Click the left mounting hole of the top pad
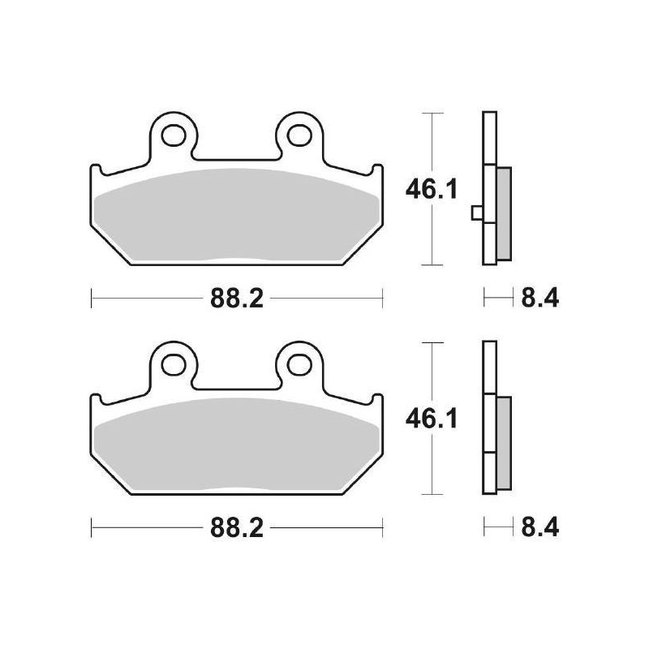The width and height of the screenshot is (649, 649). (x=175, y=133)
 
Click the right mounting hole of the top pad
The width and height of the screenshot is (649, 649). (x=295, y=133)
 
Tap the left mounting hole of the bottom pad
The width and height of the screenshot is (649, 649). (x=175, y=364)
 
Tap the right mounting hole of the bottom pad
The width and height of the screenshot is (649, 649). (x=295, y=364)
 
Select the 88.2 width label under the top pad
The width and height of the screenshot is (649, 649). (x=236, y=299)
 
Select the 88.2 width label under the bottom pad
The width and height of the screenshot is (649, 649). (x=236, y=530)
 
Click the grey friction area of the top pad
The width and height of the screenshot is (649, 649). (x=235, y=215)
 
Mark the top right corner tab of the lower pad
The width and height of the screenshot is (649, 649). (x=376, y=401)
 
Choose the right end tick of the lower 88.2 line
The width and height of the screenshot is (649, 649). (x=382, y=530)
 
